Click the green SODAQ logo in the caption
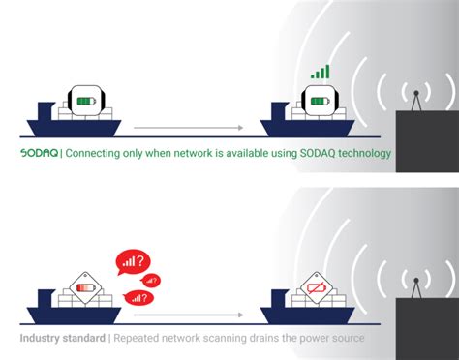[x=40, y=154]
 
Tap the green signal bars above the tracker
[x=319, y=71]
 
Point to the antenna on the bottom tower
[x=415, y=285]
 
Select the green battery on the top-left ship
[x=87, y=101]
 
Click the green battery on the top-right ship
[x=318, y=101]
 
